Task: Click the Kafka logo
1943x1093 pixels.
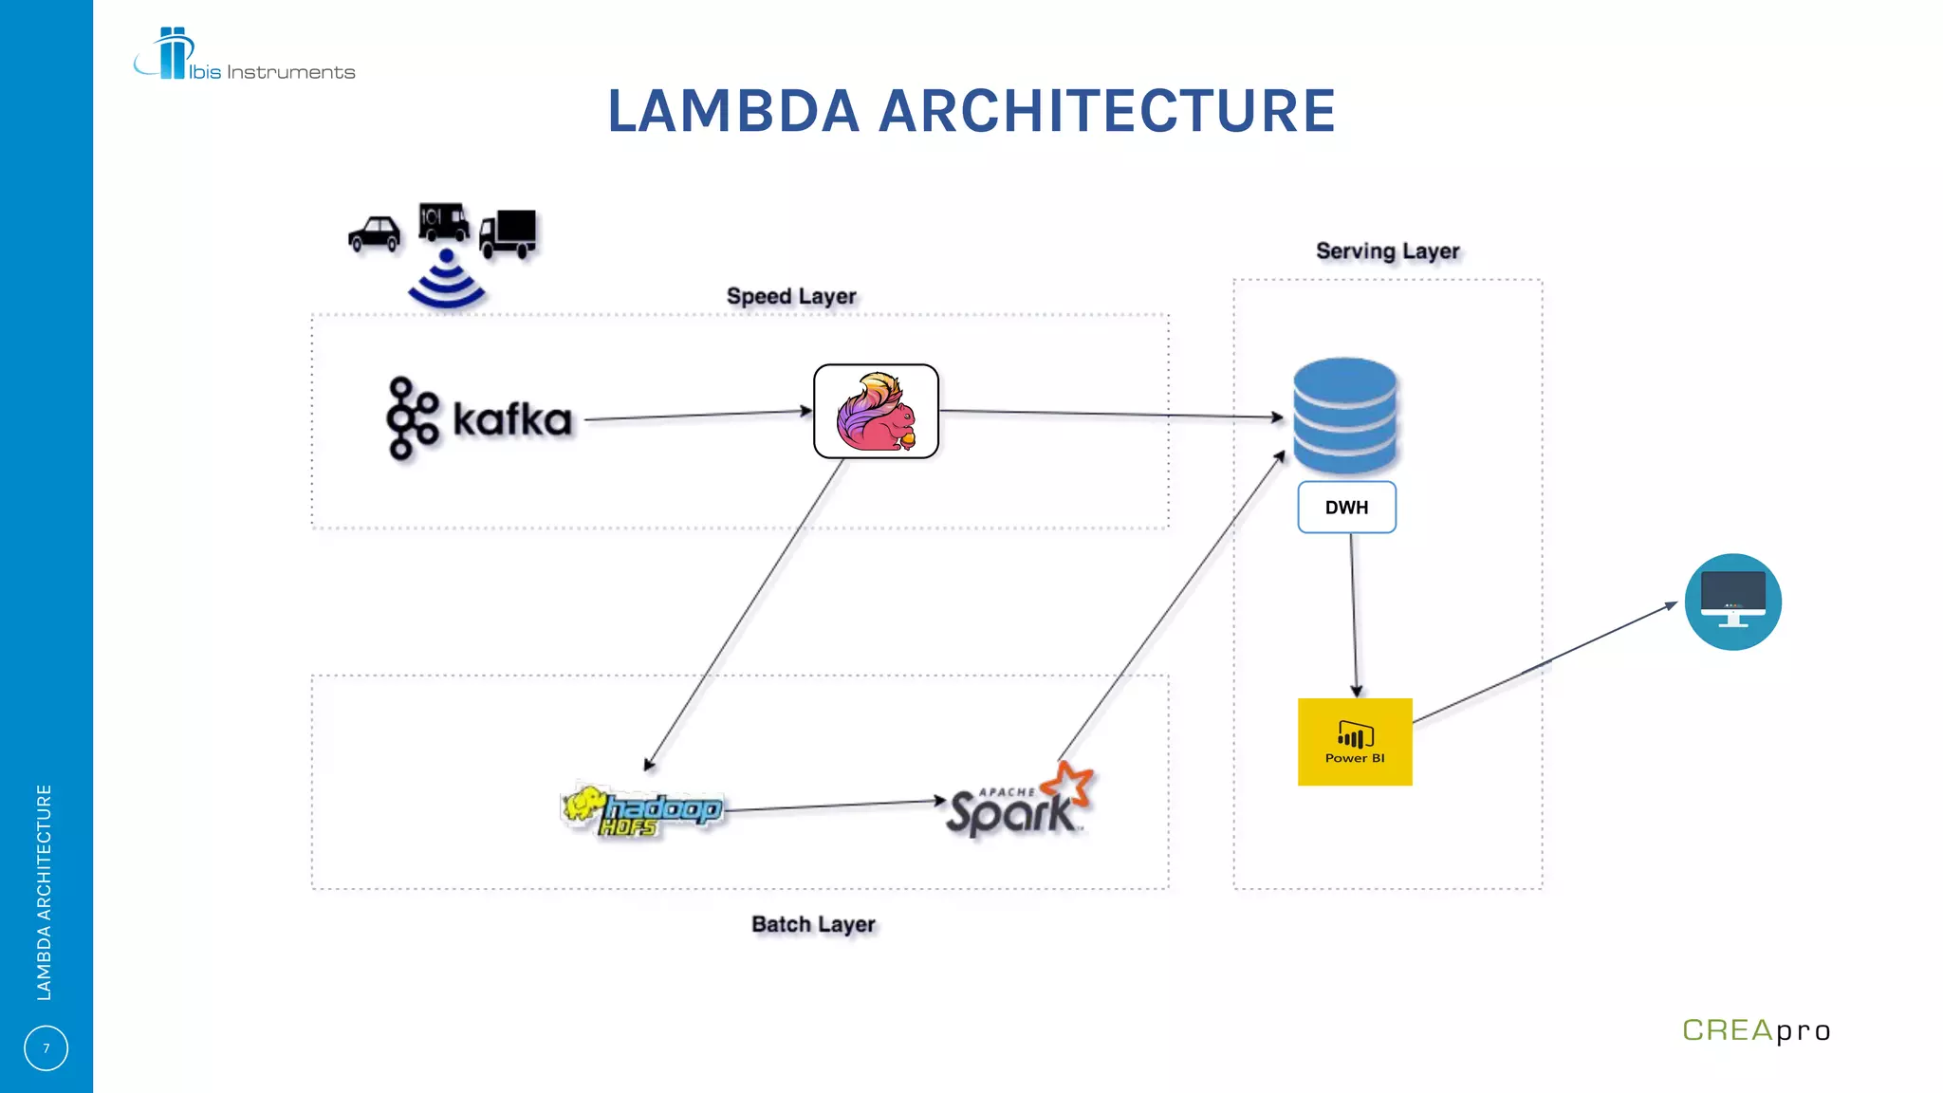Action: [479, 418]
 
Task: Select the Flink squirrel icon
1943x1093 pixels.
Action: [876, 412]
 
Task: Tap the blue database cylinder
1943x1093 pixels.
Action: [1345, 416]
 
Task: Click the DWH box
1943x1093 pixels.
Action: [1346, 508]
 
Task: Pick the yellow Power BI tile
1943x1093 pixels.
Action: [1355, 742]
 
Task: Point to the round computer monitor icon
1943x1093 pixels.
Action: [1732, 602]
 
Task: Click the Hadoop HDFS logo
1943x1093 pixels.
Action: [642, 810]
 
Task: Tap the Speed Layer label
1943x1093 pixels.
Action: [791, 296]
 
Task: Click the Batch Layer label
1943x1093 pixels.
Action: [813, 924]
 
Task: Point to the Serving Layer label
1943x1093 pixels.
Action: [1387, 251]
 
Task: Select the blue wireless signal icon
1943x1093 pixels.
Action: [446, 282]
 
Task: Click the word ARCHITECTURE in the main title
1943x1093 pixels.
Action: [1107, 111]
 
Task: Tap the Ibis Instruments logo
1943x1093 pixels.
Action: [244, 57]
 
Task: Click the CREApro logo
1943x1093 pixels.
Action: [1755, 1030]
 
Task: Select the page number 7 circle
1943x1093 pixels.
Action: [46, 1048]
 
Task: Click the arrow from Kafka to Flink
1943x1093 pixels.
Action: [697, 415]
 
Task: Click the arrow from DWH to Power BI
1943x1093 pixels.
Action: [1354, 615]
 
